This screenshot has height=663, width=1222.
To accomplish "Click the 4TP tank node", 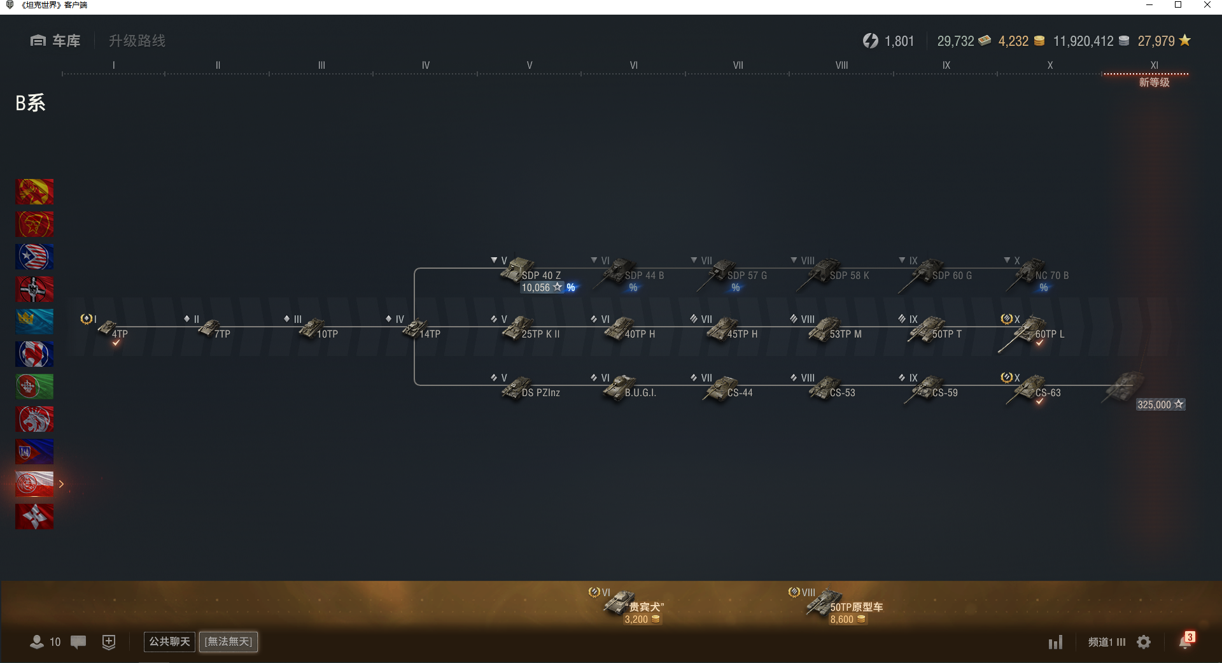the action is [x=113, y=330].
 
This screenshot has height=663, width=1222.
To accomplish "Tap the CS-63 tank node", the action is [x=1034, y=389].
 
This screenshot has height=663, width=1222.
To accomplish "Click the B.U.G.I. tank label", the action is [x=640, y=393].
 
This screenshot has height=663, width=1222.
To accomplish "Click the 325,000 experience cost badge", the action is [x=1160, y=404].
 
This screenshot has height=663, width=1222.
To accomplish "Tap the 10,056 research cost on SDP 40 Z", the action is [x=542, y=288].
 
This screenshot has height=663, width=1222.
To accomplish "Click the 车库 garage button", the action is [x=55, y=41].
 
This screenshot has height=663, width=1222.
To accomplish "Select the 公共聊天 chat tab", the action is [x=169, y=641].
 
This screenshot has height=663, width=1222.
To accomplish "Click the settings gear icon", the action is [x=1144, y=642].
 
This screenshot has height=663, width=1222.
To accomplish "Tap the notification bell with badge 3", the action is [x=1186, y=641].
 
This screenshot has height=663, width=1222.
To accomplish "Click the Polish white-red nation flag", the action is [x=34, y=484].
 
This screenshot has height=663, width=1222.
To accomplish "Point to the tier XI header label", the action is [x=1154, y=65].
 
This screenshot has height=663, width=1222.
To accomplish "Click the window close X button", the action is [x=1207, y=5].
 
